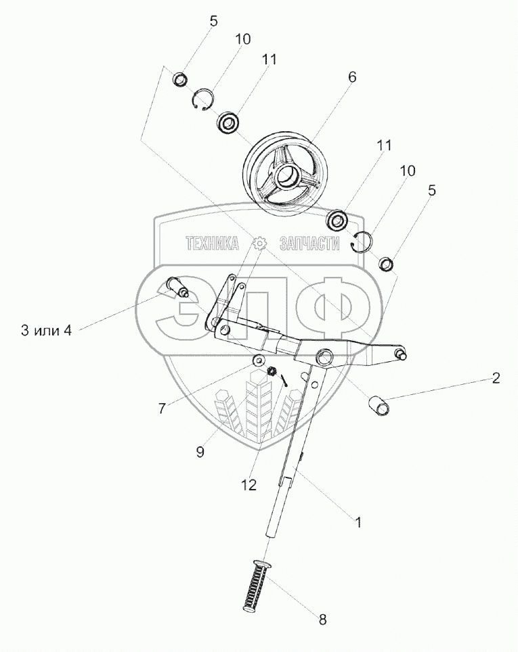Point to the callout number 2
pyautogui.click(x=496, y=378)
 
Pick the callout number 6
pyautogui.click(x=351, y=77)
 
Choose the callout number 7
pyautogui.click(x=162, y=408)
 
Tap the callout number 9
pyautogui.click(x=200, y=452)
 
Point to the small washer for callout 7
pyautogui.click(x=257, y=360)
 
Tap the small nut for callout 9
pyautogui.click(x=272, y=371)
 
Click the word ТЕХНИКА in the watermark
pyautogui.click(x=212, y=244)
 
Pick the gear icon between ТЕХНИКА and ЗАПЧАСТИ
pyautogui.click(x=258, y=244)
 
